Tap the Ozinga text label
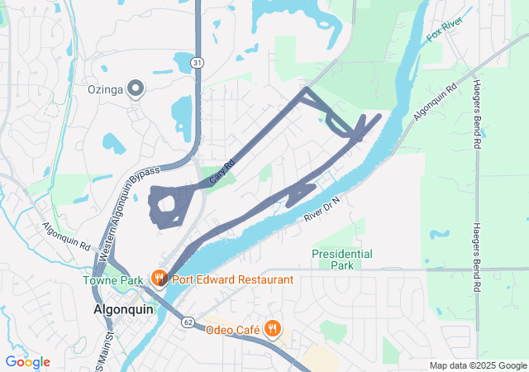(105, 89)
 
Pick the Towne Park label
(112, 280)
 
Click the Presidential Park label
(342, 260)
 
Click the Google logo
(27, 362)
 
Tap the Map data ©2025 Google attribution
(478, 366)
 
